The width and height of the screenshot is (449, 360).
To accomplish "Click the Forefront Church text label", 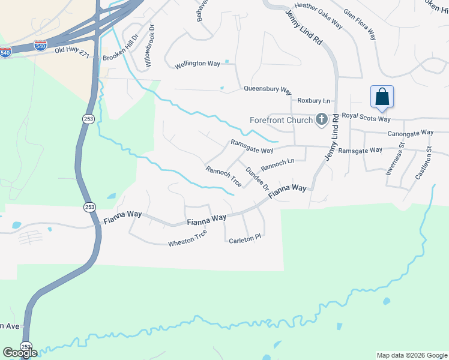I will [x=282, y=120].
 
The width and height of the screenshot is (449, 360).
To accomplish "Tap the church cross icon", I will [x=321, y=120].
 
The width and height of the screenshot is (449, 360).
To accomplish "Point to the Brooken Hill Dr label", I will [x=121, y=46].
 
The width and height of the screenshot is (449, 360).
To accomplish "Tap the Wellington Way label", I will [x=197, y=64].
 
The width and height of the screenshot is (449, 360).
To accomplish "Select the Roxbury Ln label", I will [x=314, y=101].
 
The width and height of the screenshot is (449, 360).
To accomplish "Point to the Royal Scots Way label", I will [x=366, y=118].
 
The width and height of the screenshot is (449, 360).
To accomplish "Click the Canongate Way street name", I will [x=411, y=133].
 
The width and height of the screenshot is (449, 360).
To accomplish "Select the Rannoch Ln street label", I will [x=277, y=163].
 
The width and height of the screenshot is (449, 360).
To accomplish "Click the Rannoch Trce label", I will [x=223, y=176].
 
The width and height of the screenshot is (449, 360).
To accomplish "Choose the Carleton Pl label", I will [x=245, y=238].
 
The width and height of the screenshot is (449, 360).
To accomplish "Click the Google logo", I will [x=20, y=352].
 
